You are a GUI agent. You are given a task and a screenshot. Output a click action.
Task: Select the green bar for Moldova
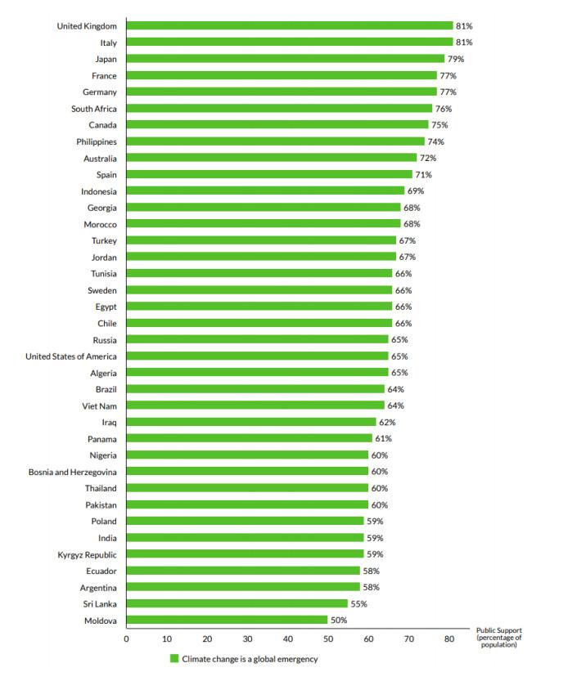tap(227, 621)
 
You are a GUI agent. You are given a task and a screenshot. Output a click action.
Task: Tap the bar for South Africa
tap(279, 108)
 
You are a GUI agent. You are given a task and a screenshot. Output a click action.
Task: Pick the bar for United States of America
tap(257, 356)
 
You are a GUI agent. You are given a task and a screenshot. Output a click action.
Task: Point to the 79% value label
tap(455, 59)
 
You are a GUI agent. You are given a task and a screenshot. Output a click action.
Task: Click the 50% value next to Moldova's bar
tap(339, 621)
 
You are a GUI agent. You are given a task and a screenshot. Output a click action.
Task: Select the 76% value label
tap(443, 108)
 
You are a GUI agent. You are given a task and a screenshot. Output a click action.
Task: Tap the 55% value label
tap(358, 604)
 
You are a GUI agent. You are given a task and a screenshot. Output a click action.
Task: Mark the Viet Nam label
tap(97, 405)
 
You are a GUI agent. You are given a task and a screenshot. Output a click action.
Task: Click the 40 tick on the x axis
tap(287, 638)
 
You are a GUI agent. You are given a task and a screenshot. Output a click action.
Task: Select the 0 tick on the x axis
tap(126, 638)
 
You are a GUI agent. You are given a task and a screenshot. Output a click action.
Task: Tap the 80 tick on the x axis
tap(449, 638)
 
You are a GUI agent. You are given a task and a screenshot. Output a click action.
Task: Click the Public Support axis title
tap(499, 638)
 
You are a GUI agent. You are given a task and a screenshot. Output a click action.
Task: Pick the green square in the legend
tap(174, 659)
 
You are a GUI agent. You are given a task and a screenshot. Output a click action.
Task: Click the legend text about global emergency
tap(250, 659)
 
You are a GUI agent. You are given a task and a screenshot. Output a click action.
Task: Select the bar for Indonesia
tap(265, 190)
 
